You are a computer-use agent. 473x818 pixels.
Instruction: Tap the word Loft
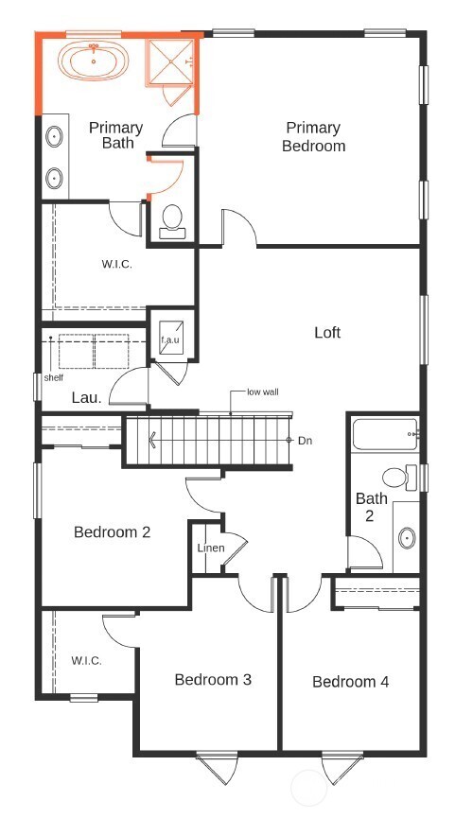click(327, 333)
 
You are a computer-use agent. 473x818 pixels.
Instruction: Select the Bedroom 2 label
click(112, 532)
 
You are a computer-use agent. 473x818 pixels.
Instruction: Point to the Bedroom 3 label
click(212, 680)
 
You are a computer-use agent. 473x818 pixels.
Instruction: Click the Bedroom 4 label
click(350, 682)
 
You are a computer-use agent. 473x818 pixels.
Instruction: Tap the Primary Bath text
click(115, 135)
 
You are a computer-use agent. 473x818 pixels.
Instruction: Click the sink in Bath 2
click(407, 539)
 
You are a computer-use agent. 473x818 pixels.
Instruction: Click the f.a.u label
click(170, 339)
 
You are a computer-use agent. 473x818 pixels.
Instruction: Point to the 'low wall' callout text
click(262, 392)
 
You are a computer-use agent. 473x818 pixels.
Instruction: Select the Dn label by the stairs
click(305, 441)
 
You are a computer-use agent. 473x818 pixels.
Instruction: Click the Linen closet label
click(210, 549)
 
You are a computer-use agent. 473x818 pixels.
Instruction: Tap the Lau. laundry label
click(85, 398)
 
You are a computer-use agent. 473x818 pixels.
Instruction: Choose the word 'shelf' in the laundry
click(55, 378)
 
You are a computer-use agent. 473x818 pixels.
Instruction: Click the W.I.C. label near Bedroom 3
click(87, 661)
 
